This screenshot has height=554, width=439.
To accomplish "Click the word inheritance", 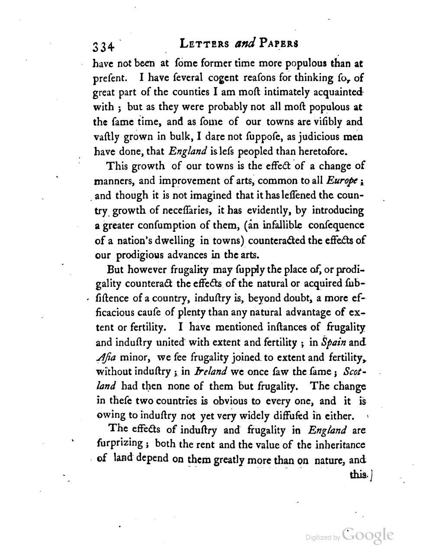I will click(x=337, y=444).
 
